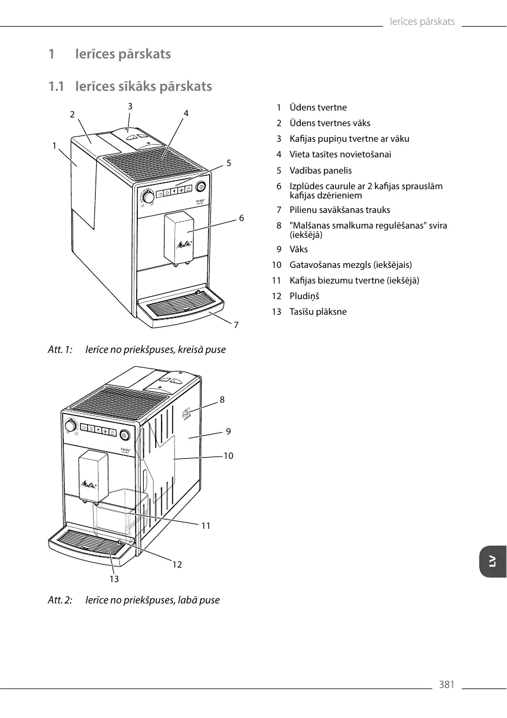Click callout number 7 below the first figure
[x=236, y=325]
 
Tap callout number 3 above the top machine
[x=130, y=106]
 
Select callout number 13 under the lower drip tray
[x=114, y=578]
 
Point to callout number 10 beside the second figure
[x=228, y=456]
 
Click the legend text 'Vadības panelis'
[x=320, y=171]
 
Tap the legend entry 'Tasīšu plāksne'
[x=318, y=312]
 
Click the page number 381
[x=446, y=685]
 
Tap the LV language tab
[x=493, y=561]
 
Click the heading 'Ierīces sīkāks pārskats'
[x=144, y=87]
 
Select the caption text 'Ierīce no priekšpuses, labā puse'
[x=152, y=600]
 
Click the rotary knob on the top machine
[x=148, y=197]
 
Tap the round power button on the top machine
[x=200, y=186]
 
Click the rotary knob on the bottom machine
[x=71, y=426]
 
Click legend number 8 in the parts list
[x=279, y=226]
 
